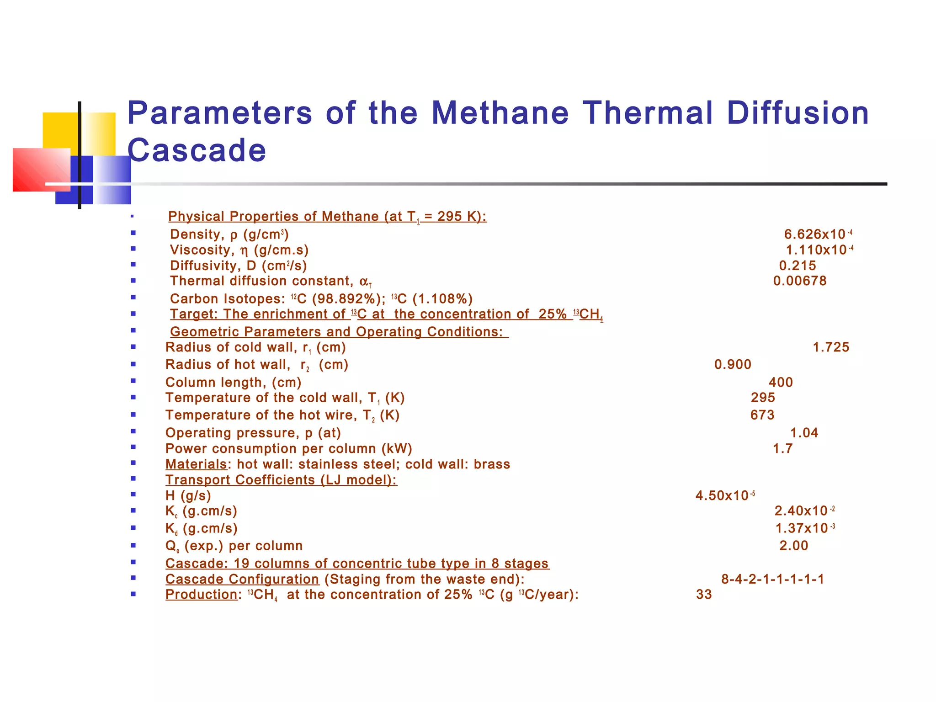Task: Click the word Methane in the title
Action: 500,113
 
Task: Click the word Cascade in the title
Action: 197,150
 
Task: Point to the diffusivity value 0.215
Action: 798,266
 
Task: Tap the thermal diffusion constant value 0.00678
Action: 800,281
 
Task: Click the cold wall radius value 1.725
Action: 831,347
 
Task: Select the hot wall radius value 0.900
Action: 733,365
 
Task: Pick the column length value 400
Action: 781,383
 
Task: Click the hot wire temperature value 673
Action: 762,415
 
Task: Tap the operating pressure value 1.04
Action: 804,433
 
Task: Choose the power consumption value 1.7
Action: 782,449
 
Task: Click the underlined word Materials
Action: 196,464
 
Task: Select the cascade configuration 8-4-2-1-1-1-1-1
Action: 772,580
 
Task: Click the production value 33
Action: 704,595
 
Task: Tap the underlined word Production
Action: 201,595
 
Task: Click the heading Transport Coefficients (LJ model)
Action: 281,480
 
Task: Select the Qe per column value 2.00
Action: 793,546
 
